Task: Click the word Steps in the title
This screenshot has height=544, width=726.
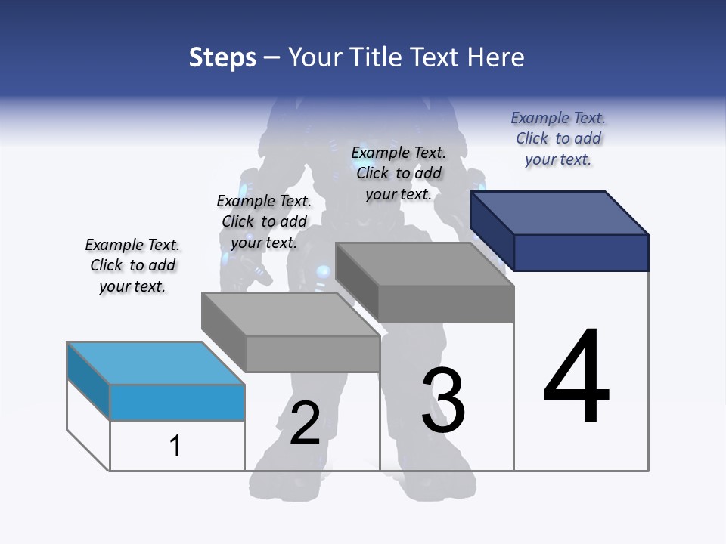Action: (x=222, y=57)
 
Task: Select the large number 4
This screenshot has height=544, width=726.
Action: (x=576, y=378)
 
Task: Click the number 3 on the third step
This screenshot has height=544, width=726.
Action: (x=443, y=401)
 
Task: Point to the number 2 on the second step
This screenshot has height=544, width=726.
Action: (x=305, y=423)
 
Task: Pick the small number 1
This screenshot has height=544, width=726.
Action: (x=175, y=447)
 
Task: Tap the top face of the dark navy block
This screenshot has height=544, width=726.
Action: (x=560, y=212)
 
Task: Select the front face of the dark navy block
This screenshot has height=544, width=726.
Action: (x=581, y=252)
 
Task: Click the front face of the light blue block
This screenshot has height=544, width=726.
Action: (x=177, y=402)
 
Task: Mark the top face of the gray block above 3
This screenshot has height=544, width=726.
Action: (x=424, y=264)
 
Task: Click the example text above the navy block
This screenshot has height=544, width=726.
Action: (x=558, y=138)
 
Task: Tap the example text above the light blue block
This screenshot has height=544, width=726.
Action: (x=132, y=265)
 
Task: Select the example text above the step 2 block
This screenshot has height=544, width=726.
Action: (x=264, y=221)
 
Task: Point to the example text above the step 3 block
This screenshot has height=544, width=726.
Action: (x=399, y=173)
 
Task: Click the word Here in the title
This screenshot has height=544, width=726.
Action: (x=498, y=57)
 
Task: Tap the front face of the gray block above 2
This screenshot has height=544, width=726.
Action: (x=312, y=354)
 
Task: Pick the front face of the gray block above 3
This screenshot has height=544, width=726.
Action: (x=446, y=304)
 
